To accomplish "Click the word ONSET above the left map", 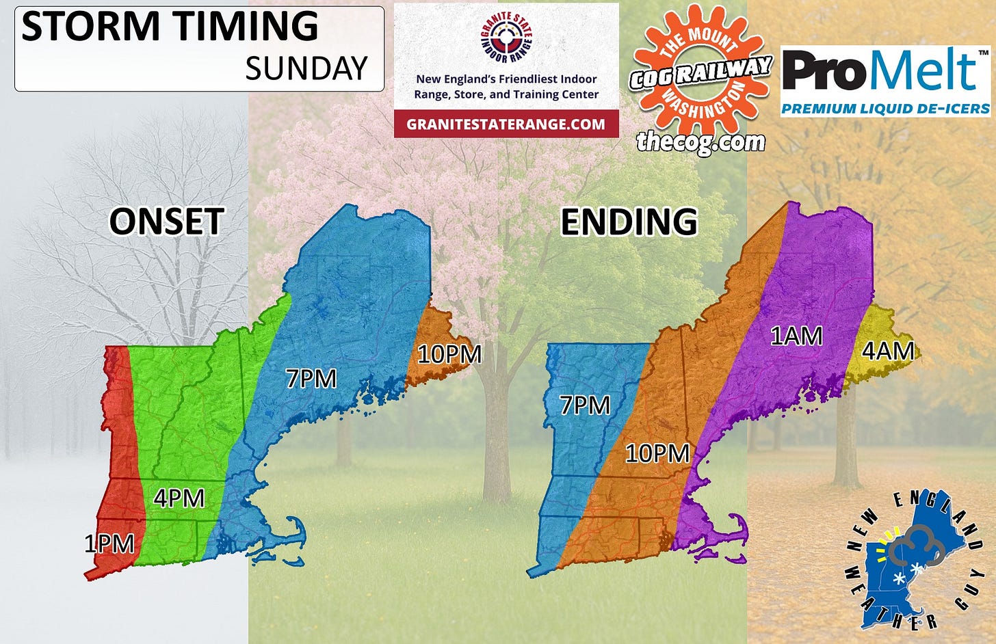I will [x=166, y=222].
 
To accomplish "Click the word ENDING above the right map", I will [x=629, y=222].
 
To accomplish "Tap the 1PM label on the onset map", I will [x=109, y=544].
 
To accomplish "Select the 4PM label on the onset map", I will [x=179, y=498].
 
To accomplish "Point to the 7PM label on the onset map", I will [x=311, y=378].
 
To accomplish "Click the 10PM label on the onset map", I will [x=449, y=354].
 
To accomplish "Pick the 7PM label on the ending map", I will [x=585, y=405].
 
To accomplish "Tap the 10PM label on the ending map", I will [x=657, y=453].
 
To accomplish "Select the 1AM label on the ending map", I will [x=796, y=336].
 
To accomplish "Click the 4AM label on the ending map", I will [x=888, y=351].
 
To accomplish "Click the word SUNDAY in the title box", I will [x=306, y=68].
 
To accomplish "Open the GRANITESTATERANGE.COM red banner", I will [x=506, y=124].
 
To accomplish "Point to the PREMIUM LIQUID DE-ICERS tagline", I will [x=885, y=109].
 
